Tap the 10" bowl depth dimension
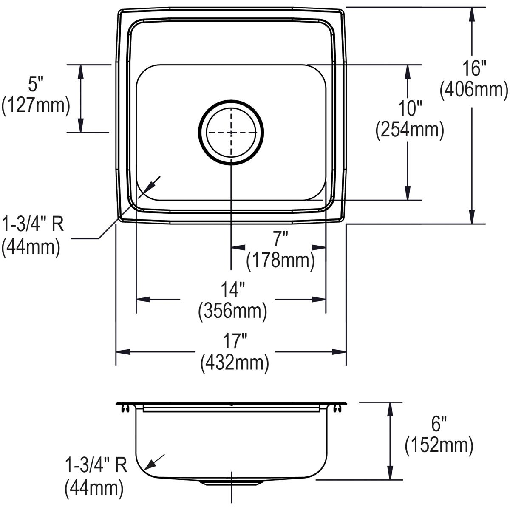click(x=409, y=109)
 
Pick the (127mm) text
click(x=36, y=105)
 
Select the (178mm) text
click(x=280, y=261)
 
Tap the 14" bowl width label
click(x=232, y=291)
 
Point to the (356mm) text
click(x=232, y=312)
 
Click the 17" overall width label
click(x=235, y=342)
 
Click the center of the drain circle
click(x=231, y=133)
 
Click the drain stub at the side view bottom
click(x=231, y=482)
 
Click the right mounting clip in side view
click(x=337, y=408)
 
